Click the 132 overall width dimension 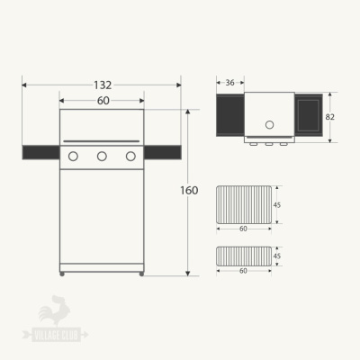coord(103,85)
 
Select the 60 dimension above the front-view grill coord(103,101)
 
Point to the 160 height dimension coord(190,191)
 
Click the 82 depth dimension coord(330,117)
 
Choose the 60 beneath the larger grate coord(243,229)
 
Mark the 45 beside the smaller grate coord(277,256)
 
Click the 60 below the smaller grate coord(243,271)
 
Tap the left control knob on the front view coord(74,156)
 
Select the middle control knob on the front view coord(102,156)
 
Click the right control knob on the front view coord(130,156)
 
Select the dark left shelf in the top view coord(229,114)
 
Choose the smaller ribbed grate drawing coord(243,256)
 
